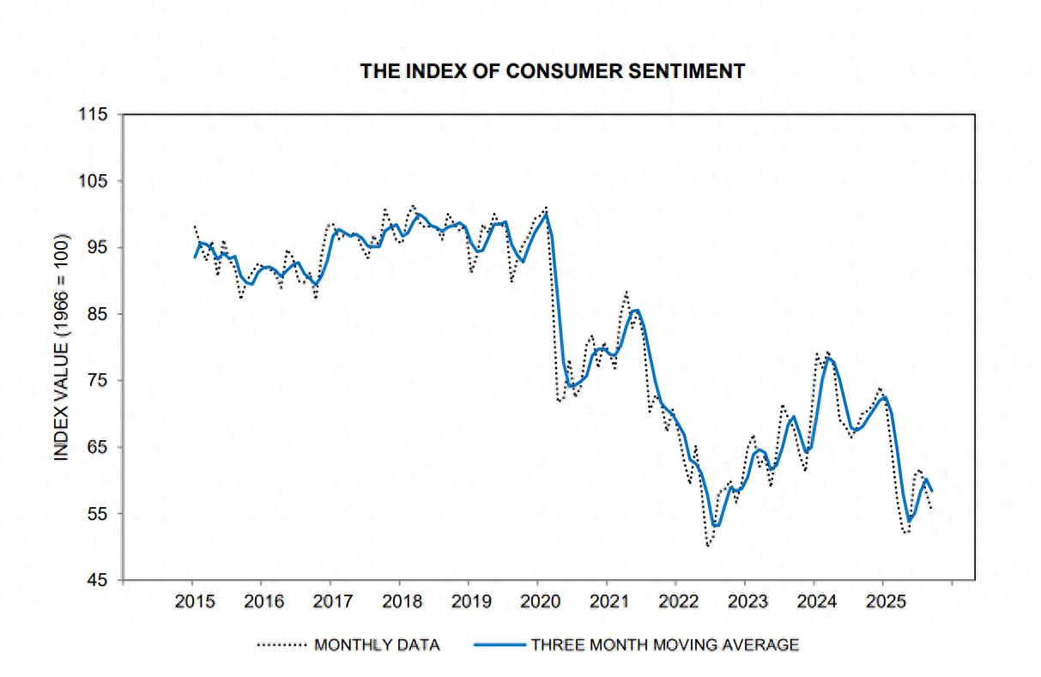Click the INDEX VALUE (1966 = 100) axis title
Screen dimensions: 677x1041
[62, 348]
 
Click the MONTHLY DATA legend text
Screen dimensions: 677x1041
[377, 644]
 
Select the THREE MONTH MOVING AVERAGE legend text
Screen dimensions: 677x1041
[665, 644]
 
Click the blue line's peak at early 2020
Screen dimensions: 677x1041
[546, 214]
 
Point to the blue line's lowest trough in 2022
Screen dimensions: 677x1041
[716, 525]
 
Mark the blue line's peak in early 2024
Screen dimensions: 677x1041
[828, 358]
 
